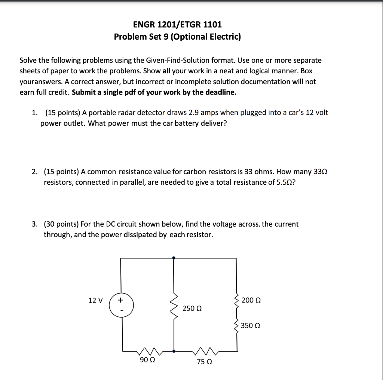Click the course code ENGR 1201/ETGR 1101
(177, 25)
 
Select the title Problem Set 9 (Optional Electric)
(177, 37)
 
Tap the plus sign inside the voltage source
(120, 300)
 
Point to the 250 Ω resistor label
(192, 309)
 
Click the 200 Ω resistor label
(251, 300)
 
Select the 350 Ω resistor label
(251, 325)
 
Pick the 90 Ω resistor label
(148, 360)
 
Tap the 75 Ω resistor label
(205, 362)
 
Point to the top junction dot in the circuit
(174, 258)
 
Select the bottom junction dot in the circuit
(174, 351)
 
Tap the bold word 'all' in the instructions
(166, 71)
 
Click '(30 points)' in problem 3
(61, 224)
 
